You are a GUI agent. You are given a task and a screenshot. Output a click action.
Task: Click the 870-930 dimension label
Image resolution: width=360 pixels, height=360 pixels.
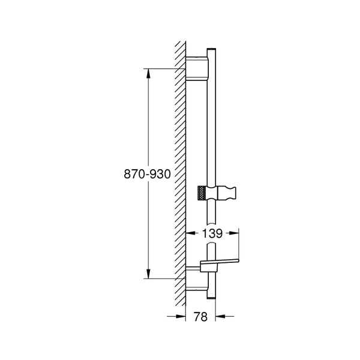click(148, 174)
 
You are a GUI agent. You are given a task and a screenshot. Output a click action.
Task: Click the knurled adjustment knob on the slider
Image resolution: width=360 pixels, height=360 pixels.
click(203, 193)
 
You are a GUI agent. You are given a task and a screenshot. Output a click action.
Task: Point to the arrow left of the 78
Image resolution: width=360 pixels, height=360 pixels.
click(178, 317)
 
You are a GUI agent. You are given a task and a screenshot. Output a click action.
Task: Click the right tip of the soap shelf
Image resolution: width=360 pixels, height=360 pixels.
click(239, 261)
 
